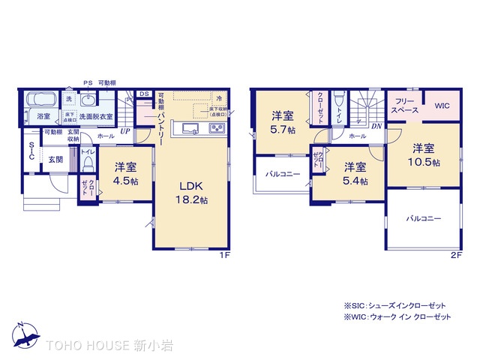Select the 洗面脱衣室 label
[x=96, y=116]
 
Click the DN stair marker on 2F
[x=374, y=126]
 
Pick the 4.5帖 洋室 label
[x=125, y=173]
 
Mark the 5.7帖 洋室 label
[x=283, y=122]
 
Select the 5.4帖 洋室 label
[x=355, y=173]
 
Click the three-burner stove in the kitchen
[x=216, y=129]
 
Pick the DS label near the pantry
[x=144, y=94]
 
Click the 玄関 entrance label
[x=56, y=159]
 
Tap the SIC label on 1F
[x=31, y=152]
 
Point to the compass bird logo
[x=22, y=334]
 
